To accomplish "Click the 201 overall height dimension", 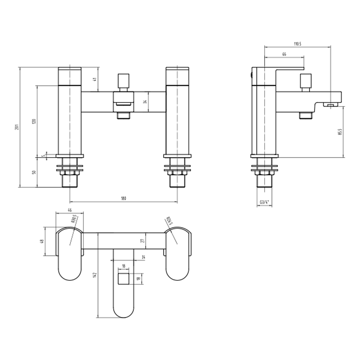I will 17,127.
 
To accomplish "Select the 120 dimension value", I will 34,121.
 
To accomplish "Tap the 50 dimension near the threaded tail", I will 34,172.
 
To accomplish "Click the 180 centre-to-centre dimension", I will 123,198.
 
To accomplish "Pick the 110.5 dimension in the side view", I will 297,44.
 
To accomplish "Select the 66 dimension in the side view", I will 284,54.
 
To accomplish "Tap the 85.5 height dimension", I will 339,132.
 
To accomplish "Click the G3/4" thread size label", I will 265,202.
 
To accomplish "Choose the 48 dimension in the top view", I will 42,242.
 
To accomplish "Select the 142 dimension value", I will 95,275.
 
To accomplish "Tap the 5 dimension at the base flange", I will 42,156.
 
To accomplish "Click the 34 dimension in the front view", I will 145,102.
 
